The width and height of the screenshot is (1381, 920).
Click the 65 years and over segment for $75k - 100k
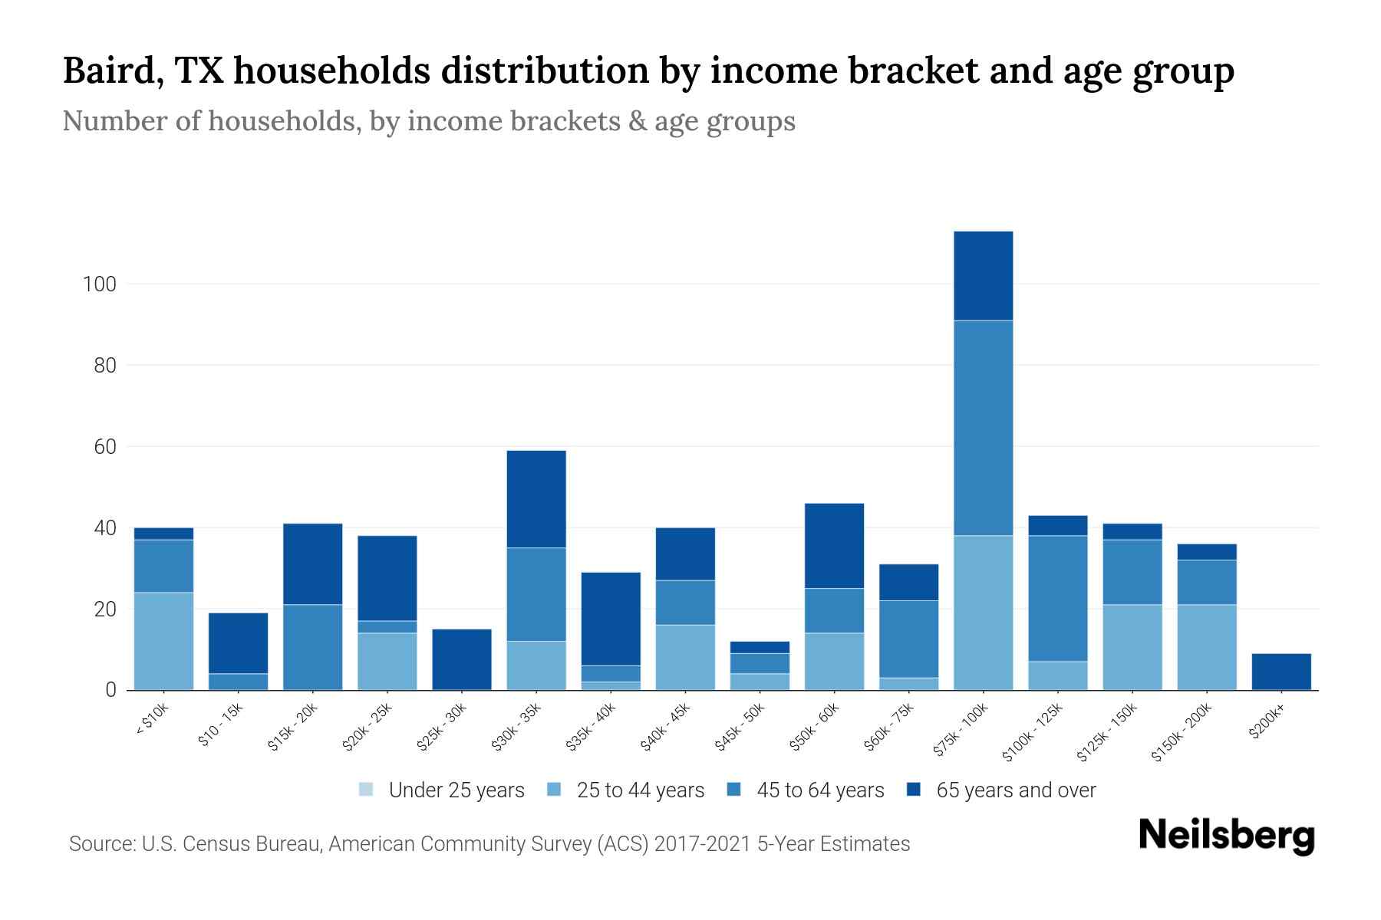point(983,276)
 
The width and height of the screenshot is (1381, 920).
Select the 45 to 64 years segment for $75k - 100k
point(983,428)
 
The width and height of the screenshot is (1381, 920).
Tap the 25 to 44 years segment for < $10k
point(163,641)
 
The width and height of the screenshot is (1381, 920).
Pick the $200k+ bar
point(1280,672)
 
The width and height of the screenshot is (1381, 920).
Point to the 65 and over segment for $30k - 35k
point(536,499)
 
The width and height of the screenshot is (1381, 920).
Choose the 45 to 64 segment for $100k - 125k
point(1057,598)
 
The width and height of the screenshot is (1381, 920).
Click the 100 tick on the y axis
point(99,284)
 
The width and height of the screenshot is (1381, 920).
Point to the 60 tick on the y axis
point(105,447)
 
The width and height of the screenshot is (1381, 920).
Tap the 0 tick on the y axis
point(110,690)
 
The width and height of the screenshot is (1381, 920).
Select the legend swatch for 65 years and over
point(913,790)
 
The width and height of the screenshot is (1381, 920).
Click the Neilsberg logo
point(1226,836)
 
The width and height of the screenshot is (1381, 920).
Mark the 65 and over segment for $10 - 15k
point(238,643)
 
